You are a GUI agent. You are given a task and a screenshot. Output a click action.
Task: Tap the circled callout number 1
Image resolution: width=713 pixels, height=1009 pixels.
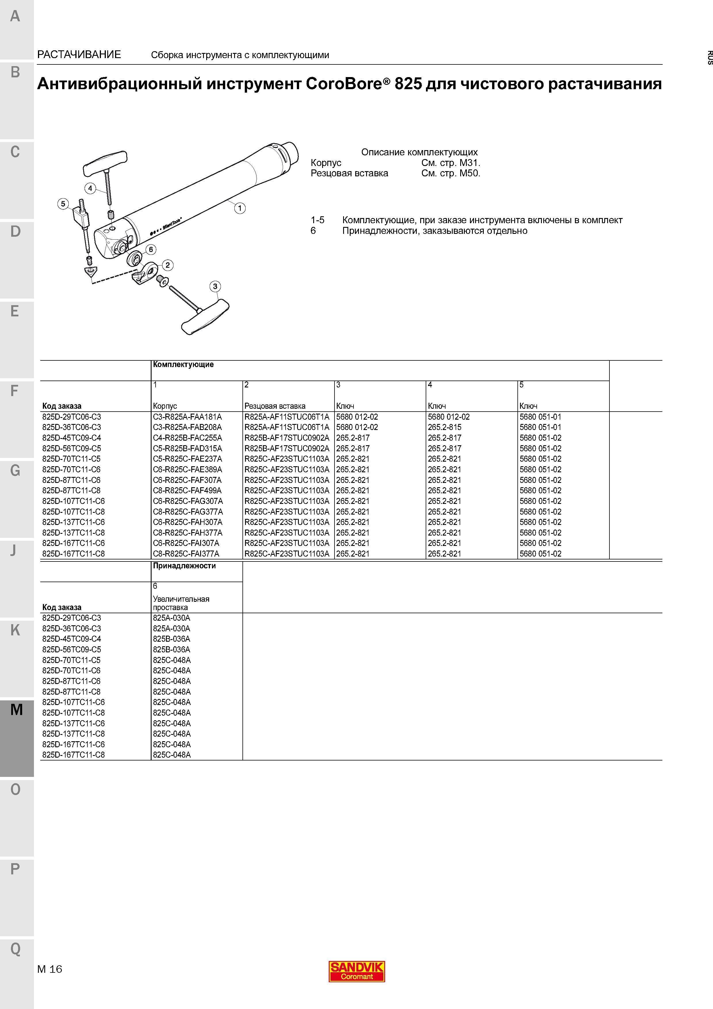point(240,208)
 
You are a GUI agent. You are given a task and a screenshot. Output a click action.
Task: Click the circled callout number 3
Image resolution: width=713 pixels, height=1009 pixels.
point(215,286)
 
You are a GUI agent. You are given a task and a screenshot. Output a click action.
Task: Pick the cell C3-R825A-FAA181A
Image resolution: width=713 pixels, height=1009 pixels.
point(188,416)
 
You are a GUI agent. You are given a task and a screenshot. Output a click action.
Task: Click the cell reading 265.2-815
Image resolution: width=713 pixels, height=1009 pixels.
point(445,427)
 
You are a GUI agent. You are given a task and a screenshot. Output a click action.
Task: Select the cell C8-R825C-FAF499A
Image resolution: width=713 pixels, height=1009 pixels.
point(188,490)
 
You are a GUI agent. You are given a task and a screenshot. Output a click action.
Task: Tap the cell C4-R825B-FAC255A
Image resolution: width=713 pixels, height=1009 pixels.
point(188,438)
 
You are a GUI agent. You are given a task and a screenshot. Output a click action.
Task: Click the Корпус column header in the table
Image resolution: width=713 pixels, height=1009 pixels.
point(165,406)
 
